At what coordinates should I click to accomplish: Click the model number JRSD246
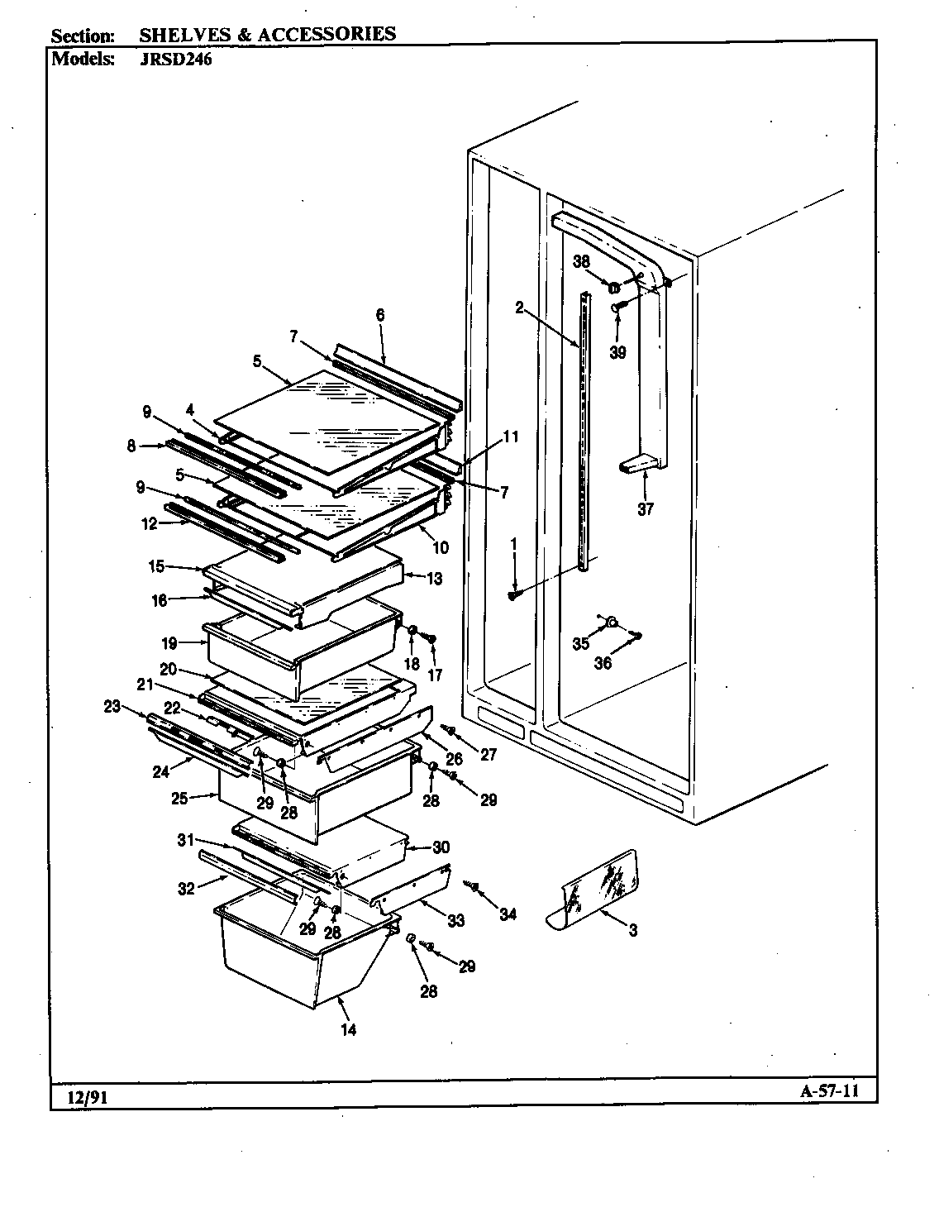click(x=175, y=60)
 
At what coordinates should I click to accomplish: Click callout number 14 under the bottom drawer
click(x=348, y=1030)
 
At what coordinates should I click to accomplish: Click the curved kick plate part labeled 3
click(x=599, y=890)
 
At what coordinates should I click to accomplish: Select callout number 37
click(x=645, y=509)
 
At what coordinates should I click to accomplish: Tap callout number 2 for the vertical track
click(x=519, y=308)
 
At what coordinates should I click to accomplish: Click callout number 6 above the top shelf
click(x=379, y=314)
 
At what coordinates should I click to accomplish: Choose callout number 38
click(x=581, y=261)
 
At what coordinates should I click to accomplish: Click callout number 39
click(x=617, y=352)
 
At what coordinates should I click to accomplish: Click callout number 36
click(x=603, y=663)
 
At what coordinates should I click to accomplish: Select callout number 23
click(x=112, y=706)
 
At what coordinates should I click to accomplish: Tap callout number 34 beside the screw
click(x=507, y=914)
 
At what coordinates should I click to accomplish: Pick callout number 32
click(x=186, y=889)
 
